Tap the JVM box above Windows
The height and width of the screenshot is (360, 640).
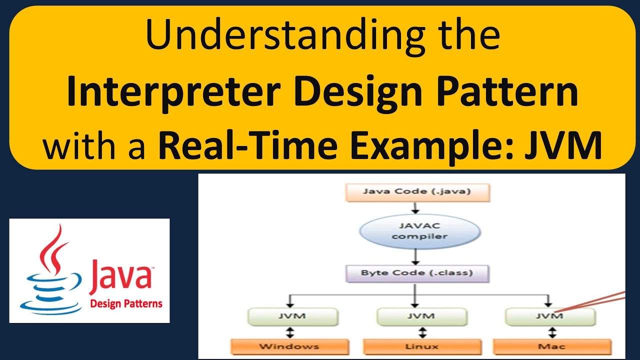(292, 316)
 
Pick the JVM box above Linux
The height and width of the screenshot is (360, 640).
(421, 316)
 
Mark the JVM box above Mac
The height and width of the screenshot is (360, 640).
(550, 316)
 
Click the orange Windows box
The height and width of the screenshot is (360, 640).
(289, 346)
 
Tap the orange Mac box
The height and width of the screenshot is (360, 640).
(552, 346)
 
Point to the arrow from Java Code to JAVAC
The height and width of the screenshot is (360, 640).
(414, 207)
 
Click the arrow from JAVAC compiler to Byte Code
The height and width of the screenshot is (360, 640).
(414, 256)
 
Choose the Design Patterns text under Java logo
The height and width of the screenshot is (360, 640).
(126, 303)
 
